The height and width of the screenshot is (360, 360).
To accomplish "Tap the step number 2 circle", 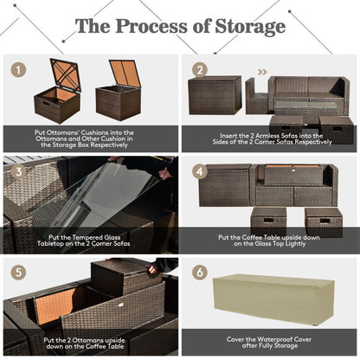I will (x=201, y=69).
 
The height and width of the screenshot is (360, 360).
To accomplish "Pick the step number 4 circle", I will (x=201, y=170).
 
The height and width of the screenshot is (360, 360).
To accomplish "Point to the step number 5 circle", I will (x=17, y=271).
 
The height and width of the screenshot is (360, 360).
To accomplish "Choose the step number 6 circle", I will (x=201, y=271).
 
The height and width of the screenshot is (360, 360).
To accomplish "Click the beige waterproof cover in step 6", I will (x=275, y=299).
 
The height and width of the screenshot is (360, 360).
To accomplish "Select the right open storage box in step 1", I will (x=119, y=91).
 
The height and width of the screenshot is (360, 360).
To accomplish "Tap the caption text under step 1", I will (x=90, y=138).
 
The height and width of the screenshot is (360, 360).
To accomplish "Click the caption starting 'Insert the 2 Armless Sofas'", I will (x=270, y=138).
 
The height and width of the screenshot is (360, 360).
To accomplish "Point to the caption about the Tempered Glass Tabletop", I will (x=90, y=240).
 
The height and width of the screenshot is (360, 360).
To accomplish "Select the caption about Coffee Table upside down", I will (x=270, y=240).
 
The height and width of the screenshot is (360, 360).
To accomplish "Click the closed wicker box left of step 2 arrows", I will (x=215, y=95).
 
